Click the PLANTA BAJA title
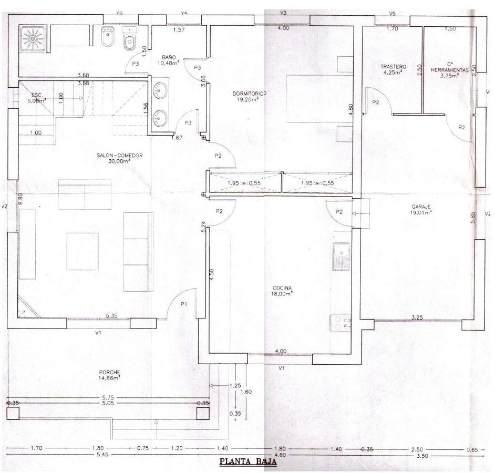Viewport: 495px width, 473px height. click(x=247, y=463)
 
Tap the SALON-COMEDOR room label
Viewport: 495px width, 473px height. click(x=119, y=155)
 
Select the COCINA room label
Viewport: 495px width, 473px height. click(x=282, y=288)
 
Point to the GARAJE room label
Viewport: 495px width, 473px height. click(x=421, y=207)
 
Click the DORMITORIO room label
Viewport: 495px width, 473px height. click(x=250, y=94)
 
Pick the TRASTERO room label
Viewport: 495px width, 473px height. click(x=394, y=67)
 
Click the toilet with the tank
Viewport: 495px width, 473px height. click(x=129, y=38)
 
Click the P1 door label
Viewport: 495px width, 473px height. click(x=184, y=304)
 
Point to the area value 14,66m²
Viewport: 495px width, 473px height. click(x=109, y=378)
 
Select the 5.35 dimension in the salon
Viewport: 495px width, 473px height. click(x=111, y=315)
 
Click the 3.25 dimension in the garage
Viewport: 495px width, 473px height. click(x=417, y=317)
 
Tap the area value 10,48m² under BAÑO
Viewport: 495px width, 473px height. click(x=168, y=63)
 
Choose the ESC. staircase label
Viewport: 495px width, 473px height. click(x=36, y=95)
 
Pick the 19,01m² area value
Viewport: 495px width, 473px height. click(x=421, y=213)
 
